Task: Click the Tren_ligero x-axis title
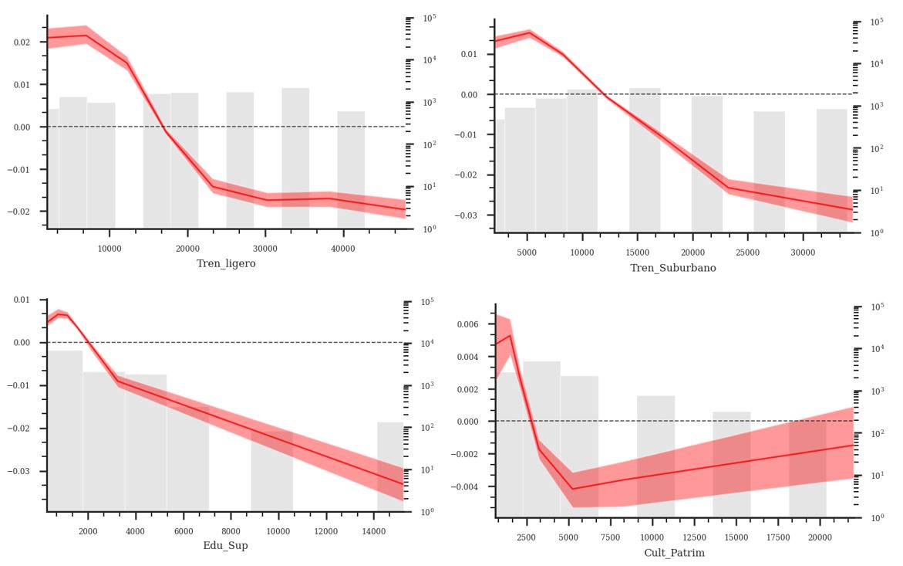click(x=226, y=263)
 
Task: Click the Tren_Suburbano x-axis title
click(x=673, y=268)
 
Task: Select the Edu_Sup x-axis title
click(x=225, y=545)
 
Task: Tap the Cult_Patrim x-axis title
click(x=674, y=553)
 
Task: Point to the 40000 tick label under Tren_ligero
click(x=343, y=248)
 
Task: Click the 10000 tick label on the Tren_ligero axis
click(x=110, y=248)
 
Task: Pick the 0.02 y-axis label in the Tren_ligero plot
click(x=23, y=42)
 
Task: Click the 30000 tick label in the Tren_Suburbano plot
click(x=804, y=252)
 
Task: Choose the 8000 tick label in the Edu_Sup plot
click(x=231, y=530)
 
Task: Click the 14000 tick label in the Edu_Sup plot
click(x=374, y=530)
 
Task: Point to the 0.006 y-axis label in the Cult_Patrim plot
click(x=467, y=324)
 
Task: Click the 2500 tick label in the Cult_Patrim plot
click(x=526, y=537)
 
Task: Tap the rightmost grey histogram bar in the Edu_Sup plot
click(x=390, y=466)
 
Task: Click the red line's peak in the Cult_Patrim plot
click(x=510, y=335)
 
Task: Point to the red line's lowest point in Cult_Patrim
click(x=572, y=489)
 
